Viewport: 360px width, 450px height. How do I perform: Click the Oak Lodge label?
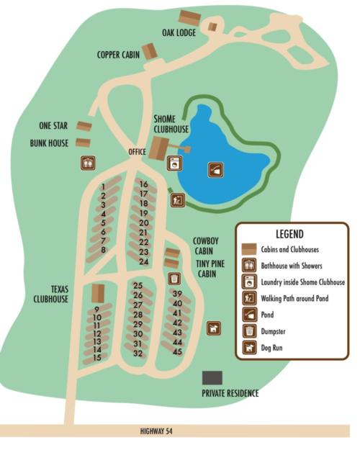pos(179,32)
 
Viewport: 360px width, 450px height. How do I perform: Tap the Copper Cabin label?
pos(118,55)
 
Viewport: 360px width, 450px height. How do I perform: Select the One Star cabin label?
pos(53,126)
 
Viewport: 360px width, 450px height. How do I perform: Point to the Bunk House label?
pos(49,143)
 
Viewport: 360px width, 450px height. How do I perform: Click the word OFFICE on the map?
pos(137,152)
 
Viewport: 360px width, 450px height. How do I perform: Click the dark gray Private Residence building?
pos(212,377)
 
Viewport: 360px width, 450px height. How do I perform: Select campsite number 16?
pos(143,184)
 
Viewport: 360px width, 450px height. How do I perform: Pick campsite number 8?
pos(104,250)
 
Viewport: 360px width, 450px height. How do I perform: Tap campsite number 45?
pos(177,351)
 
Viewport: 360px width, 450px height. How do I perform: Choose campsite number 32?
pos(138,354)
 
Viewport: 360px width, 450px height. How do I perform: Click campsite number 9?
pos(96,310)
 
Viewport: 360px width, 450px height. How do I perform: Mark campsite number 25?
pos(138,286)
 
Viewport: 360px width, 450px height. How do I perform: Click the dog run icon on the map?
pos(213,328)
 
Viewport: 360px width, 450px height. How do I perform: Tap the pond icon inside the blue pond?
pos(215,170)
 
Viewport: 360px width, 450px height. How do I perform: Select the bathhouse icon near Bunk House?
pos(88,163)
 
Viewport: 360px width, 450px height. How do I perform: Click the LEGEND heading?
pos(289,234)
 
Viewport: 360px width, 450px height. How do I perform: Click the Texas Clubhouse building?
pos(98,293)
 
